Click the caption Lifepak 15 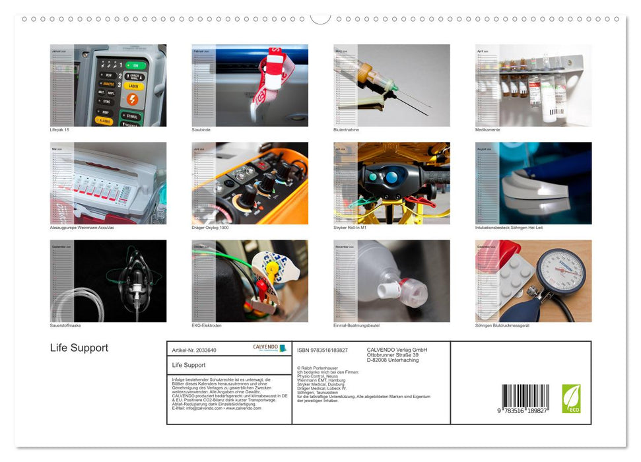[59, 130]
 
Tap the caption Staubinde [201, 130]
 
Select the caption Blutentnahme [345, 130]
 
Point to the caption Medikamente [487, 130]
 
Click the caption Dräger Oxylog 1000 [210, 228]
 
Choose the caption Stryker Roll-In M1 [350, 228]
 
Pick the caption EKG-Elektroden [207, 325]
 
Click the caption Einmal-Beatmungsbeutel [356, 325]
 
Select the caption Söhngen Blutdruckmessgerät [502, 325]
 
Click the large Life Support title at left [79, 348]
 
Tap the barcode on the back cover [525, 398]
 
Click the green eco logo [571, 399]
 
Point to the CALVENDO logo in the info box [270, 348]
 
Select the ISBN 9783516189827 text [322, 350]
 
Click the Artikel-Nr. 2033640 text [194, 350]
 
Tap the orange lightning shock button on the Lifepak [132, 99]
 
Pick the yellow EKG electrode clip [271, 269]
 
